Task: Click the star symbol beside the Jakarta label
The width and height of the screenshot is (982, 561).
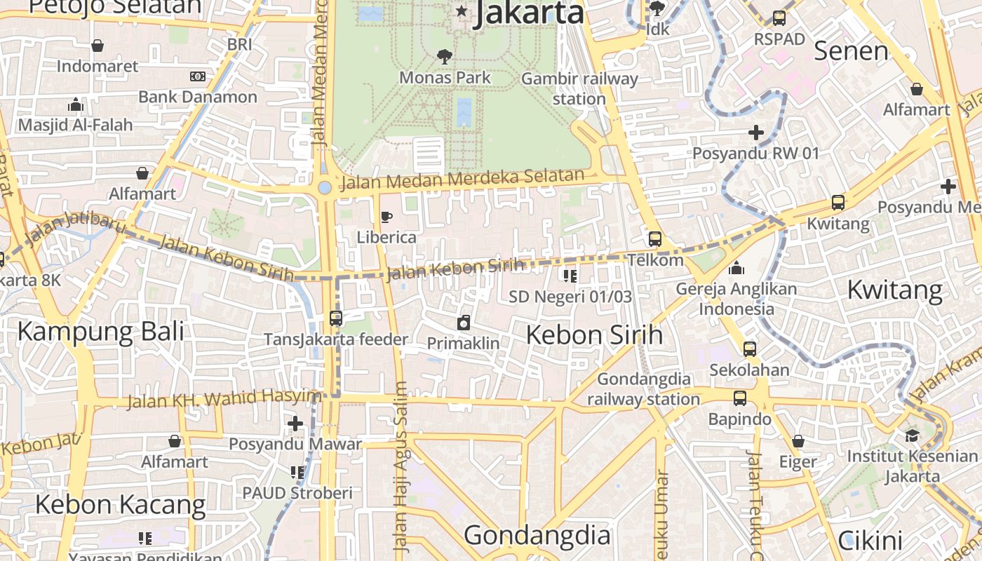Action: (x=462, y=11)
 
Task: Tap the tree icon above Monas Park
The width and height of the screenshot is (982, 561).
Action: (x=444, y=56)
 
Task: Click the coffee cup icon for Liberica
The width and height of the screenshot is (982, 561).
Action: (x=385, y=217)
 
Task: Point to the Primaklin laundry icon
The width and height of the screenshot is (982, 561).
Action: (x=463, y=323)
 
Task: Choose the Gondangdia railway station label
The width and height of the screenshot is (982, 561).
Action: (x=643, y=389)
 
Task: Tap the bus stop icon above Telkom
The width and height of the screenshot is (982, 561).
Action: (x=654, y=239)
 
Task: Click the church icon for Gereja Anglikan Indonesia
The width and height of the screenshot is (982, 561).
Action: (x=736, y=268)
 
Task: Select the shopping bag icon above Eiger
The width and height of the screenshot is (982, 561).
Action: (x=798, y=442)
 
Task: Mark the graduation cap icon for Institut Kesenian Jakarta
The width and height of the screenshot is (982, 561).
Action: (x=911, y=435)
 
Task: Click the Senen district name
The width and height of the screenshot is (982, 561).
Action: (x=851, y=51)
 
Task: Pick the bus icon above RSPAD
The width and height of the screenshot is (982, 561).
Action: (x=779, y=18)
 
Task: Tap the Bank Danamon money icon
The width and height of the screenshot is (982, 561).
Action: (x=198, y=76)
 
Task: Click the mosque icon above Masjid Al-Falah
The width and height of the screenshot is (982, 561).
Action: (x=75, y=105)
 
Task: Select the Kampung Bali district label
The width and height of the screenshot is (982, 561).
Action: (x=100, y=331)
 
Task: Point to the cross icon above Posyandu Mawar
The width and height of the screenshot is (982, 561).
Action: (x=295, y=424)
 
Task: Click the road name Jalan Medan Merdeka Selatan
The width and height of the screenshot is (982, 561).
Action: (x=462, y=179)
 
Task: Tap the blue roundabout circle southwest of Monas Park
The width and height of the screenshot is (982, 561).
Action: (x=324, y=187)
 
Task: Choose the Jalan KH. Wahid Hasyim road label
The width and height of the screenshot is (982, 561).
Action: (x=223, y=399)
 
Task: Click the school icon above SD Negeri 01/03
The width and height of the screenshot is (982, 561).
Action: (x=570, y=276)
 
